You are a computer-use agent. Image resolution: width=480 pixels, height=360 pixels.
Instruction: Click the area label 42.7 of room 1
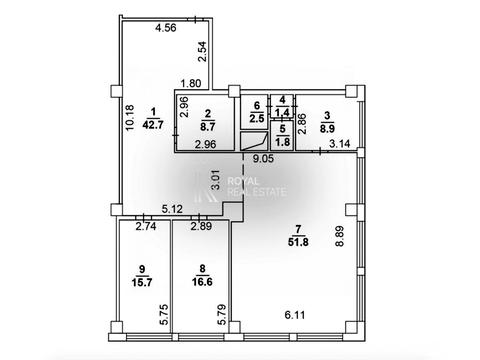[153, 125]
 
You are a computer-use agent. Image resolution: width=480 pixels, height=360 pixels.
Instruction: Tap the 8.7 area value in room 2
[208, 127]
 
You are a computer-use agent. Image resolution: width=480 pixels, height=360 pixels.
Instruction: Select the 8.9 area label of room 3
[327, 128]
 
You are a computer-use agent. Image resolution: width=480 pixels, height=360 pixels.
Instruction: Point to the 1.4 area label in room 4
[283, 111]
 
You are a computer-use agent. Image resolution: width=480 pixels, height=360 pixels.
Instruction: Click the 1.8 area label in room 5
[283, 141]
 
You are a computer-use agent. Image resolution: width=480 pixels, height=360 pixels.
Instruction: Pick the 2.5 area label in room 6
[257, 118]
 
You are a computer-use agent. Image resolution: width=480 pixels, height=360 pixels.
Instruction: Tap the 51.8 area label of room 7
[298, 242]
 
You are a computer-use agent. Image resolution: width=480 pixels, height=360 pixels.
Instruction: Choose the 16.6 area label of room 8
[202, 282]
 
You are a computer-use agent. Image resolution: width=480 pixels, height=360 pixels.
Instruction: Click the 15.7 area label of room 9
[142, 282]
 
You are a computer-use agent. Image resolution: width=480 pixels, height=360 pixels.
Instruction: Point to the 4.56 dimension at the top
[166, 28]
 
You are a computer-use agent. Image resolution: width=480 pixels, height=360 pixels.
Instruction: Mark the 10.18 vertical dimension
[129, 117]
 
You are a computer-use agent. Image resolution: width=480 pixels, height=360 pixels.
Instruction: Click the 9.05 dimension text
[263, 158]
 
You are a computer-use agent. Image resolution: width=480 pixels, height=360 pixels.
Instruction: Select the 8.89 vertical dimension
[339, 236]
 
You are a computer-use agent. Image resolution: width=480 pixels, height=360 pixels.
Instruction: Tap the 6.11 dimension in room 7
[295, 315]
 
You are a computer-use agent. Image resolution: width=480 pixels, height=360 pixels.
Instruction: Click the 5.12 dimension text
[172, 209]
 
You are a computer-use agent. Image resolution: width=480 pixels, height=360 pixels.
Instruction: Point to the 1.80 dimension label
[191, 83]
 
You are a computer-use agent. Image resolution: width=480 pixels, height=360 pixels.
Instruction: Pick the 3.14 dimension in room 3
[340, 144]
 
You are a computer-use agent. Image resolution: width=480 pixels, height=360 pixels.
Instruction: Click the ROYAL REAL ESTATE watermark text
[256, 187]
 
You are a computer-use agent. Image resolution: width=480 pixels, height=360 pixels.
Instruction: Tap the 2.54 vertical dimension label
[202, 51]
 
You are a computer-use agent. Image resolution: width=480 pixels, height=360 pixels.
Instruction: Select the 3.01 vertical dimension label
[216, 180]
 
